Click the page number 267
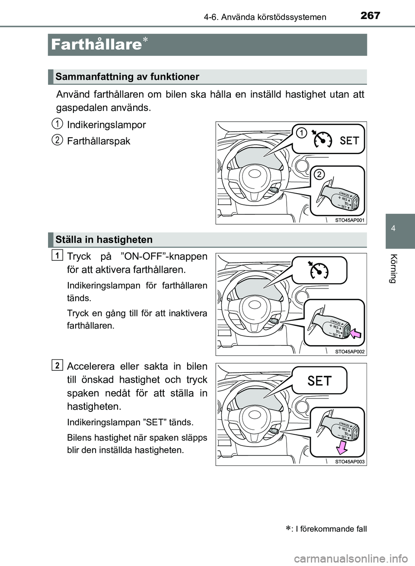click(370, 16)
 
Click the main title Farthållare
click(96, 45)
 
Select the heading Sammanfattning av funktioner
click(128, 77)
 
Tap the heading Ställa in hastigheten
click(104, 239)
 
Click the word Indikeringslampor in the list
click(106, 125)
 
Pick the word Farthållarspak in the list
click(99, 141)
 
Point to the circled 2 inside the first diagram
click(319, 174)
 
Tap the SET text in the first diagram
click(349, 140)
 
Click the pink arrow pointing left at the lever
click(357, 334)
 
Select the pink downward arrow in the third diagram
click(342, 446)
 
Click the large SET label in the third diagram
click(319, 381)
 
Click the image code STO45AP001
click(350, 220)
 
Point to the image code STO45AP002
click(350, 352)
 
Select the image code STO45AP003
click(350, 462)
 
